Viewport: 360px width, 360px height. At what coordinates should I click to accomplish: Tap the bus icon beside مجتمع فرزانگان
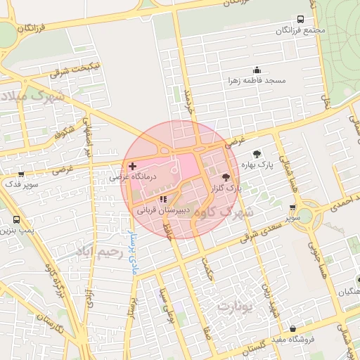[300, 20]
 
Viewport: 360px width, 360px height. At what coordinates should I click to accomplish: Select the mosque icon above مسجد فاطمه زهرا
[257, 70]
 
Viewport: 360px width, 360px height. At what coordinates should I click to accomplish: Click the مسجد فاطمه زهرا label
[257, 81]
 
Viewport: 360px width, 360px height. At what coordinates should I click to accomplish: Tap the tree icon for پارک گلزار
[226, 178]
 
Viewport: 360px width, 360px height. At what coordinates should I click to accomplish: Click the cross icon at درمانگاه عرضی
[132, 166]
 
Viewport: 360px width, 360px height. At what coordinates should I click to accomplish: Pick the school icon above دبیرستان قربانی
[163, 200]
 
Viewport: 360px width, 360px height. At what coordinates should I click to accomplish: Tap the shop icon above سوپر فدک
[21, 174]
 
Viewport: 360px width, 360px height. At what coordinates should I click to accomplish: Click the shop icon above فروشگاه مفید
[292, 328]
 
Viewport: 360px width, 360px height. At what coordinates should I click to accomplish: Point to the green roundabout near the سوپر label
[304, 214]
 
